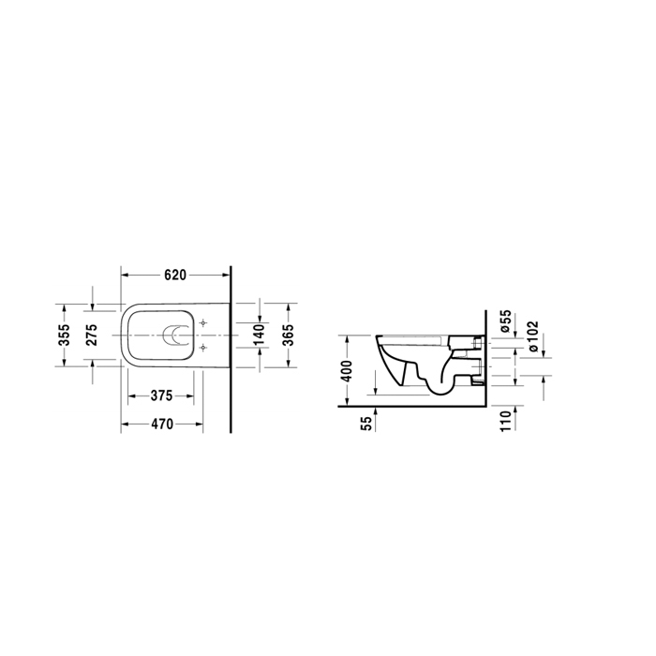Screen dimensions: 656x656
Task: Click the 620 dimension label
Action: (x=175, y=276)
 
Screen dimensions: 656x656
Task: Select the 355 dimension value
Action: (x=64, y=335)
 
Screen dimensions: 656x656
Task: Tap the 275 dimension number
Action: (x=91, y=335)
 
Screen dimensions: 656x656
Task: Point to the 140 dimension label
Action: (x=259, y=335)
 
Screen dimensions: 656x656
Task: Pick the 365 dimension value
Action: (x=288, y=335)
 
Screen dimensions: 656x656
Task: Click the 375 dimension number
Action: (x=161, y=395)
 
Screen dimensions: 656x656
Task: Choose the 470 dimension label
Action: (x=162, y=425)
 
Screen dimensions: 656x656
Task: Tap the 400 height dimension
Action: (x=347, y=371)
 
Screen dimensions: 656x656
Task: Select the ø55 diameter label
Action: (x=506, y=321)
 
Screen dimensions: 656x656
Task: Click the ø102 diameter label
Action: (x=532, y=336)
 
